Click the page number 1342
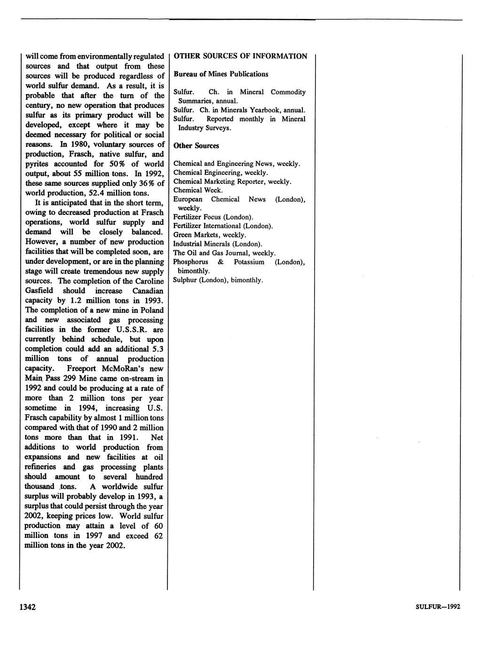27,607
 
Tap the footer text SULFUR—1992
438,607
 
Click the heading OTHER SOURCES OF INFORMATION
240,56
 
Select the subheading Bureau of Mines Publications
221,74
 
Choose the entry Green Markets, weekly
210,235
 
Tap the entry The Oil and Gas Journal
224,253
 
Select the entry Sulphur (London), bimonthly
218,280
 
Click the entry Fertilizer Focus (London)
213,217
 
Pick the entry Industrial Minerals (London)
218,244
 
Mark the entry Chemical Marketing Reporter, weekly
232,182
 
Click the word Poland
151,310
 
